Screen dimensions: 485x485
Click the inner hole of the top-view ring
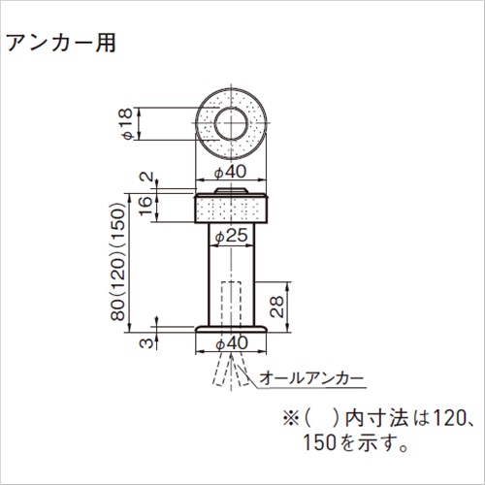(231, 123)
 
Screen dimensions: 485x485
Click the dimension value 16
(145, 207)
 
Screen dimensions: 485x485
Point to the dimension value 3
(145, 341)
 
